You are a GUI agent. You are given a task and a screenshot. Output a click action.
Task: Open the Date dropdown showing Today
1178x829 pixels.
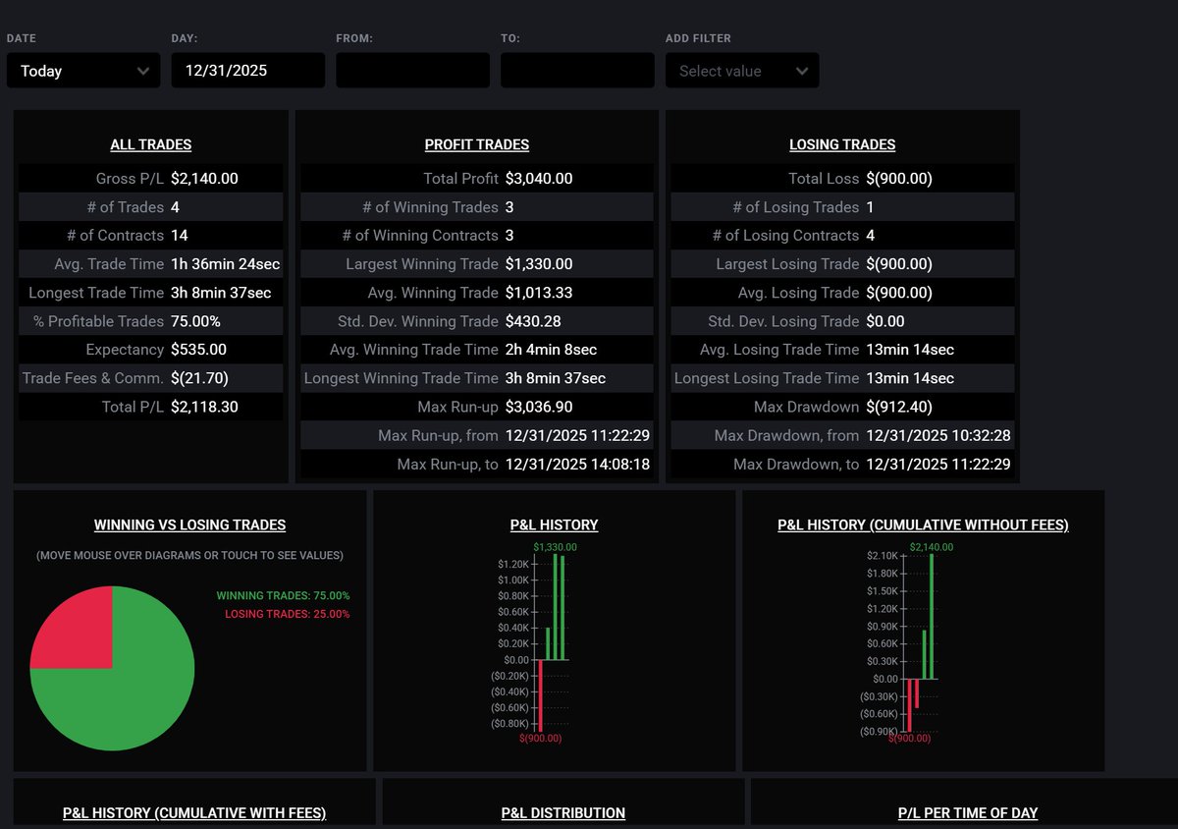(83, 71)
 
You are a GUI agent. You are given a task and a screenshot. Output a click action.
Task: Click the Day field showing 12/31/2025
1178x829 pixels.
(247, 71)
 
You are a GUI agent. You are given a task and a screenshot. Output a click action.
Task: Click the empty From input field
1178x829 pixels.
(412, 71)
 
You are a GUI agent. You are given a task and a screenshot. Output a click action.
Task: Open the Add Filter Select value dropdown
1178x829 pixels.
(742, 71)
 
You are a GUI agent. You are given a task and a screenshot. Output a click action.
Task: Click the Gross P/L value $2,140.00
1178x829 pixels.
(204, 179)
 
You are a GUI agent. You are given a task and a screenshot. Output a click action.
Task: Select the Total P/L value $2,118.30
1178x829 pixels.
(204, 407)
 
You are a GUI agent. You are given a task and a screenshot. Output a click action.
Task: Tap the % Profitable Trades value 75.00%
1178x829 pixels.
(195, 321)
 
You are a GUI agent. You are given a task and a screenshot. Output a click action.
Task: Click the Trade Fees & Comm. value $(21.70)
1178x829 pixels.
(199, 378)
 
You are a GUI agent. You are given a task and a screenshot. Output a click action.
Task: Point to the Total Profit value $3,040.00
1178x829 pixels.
(539, 179)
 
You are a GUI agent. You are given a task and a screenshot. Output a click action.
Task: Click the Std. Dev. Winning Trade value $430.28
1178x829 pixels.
(532, 321)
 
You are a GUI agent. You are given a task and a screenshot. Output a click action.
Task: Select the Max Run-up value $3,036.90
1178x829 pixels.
(539, 407)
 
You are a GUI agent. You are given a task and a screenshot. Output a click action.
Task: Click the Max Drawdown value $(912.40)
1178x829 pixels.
(899, 407)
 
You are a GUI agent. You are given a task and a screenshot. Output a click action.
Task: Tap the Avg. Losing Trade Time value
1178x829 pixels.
(910, 350)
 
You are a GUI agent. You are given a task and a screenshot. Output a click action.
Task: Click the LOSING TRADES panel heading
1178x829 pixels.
(842, 144)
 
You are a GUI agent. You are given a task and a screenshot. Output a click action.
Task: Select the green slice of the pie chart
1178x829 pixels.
(128, 697)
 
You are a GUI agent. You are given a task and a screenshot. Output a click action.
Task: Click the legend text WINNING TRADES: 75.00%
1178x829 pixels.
(283, 596)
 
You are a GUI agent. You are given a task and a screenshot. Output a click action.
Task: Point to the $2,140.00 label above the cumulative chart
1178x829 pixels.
(932, 547)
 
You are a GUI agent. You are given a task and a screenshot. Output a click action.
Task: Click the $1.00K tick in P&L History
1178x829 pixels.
(513, 580)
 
